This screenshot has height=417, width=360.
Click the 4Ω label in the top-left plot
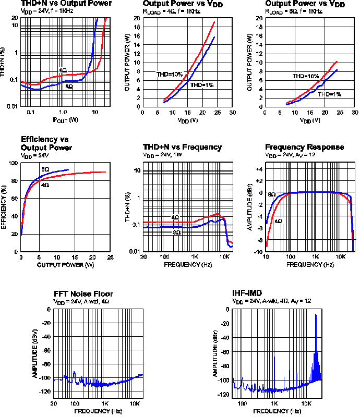click(x=63, y=70)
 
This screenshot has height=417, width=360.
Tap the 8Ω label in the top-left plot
click(x=69, y=87)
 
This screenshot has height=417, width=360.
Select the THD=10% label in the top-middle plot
click(x=170, y=75)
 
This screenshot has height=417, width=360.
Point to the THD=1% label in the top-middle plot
click(x=202, y=85)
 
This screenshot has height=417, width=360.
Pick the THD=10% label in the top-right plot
click(x=305, y=76)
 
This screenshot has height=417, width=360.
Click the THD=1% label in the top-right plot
click(x=329, y=94)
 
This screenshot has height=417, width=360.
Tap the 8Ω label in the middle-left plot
click(x=45, y=169)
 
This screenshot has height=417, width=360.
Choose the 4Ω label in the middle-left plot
click(x=45, y=185)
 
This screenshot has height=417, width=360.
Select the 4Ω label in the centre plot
click(x=175, y=217)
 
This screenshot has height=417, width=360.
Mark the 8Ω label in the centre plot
click(x=177, y=232)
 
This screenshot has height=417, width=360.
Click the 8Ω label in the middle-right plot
click(x=272, y=194)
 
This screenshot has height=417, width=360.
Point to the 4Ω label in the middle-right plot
click(x=279, y=221)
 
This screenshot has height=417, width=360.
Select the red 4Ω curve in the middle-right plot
click(x=313, y=192)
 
